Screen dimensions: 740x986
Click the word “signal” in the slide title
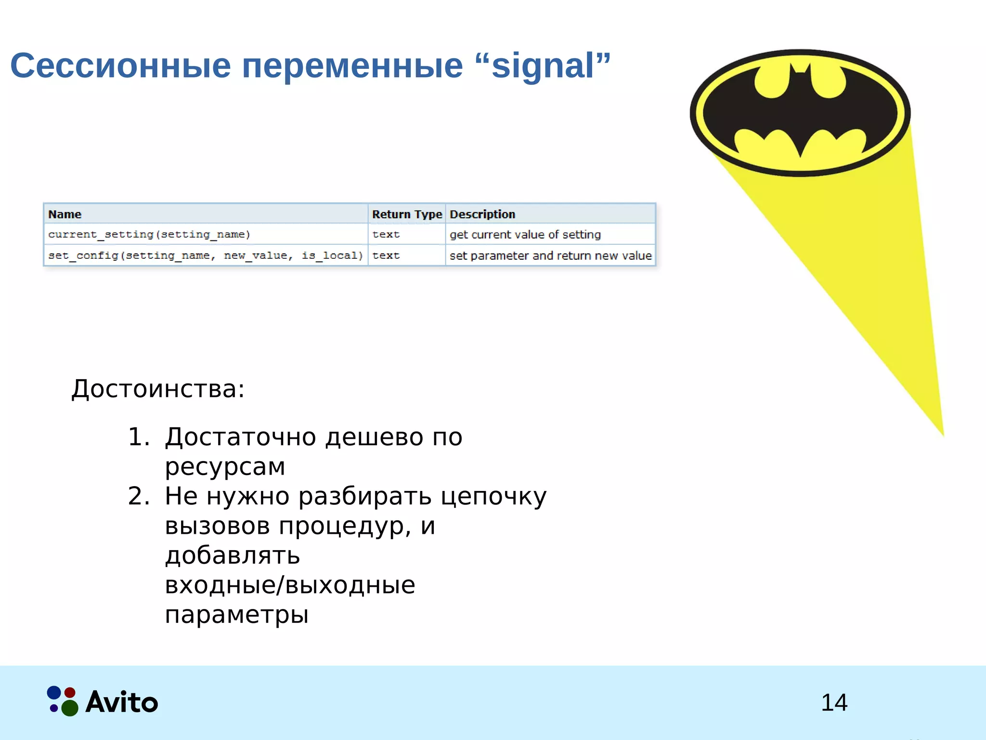[543, 66]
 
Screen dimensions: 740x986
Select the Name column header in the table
[65, 214]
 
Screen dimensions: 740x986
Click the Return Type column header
[407, 214]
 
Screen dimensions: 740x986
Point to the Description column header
[482, 214]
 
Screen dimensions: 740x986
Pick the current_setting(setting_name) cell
[149, 235]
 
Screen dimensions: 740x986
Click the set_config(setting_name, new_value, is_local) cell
[205, 256]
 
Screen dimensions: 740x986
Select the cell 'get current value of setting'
[525, 235]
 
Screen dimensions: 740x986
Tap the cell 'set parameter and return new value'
[550, 256]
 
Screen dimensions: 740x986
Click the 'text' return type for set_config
[386, 256]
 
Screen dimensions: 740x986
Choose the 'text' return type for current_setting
[386, 235]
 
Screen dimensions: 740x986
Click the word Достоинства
[157, 389]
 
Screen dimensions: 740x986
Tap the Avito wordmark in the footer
[122, 702]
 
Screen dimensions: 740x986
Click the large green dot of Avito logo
[70, 708]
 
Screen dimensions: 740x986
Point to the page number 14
[834, 702]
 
